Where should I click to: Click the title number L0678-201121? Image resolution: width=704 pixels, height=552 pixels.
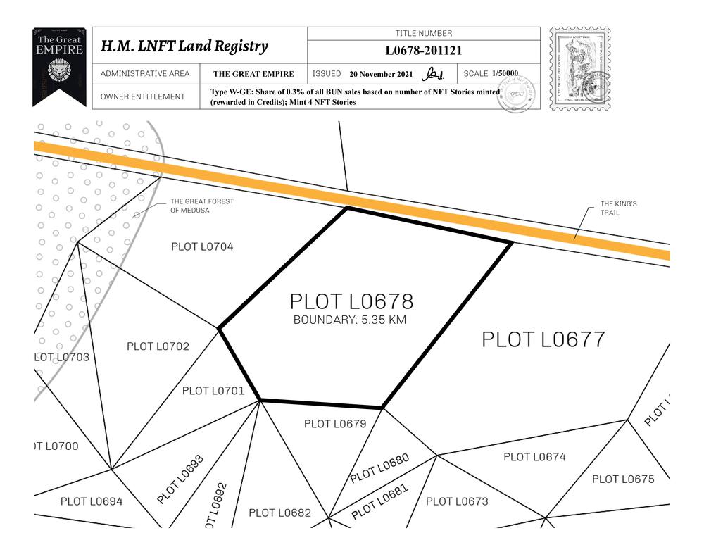(x=423, y=51)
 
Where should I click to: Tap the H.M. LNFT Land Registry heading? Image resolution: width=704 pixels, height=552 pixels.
(x=184, y=46)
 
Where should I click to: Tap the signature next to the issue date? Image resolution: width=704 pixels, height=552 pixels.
(x=433, y=74)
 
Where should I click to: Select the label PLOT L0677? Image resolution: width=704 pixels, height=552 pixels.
(x=543, y=339)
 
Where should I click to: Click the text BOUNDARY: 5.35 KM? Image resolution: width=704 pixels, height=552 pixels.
(x=350, y=320)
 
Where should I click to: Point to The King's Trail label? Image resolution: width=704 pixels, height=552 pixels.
(x=618, y=208)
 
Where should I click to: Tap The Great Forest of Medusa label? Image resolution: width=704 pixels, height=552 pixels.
(x=201, y=206)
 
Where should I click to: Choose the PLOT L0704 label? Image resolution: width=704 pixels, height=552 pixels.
(x=202, y=247)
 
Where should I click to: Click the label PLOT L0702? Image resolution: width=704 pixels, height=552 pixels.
(x=158, y=346)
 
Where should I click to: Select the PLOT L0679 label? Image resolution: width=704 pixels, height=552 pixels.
(x=335, y=424)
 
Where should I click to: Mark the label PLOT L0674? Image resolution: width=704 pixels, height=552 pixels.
(x=534, y=457)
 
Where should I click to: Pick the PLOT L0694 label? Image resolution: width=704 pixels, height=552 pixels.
(x=92, y=501)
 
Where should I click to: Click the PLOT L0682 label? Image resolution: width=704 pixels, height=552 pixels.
(x=279, y=513)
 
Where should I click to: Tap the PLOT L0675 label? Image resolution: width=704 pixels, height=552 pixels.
(x=622, y=479)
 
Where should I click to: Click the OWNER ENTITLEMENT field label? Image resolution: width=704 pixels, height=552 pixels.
(x=143, y=97)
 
